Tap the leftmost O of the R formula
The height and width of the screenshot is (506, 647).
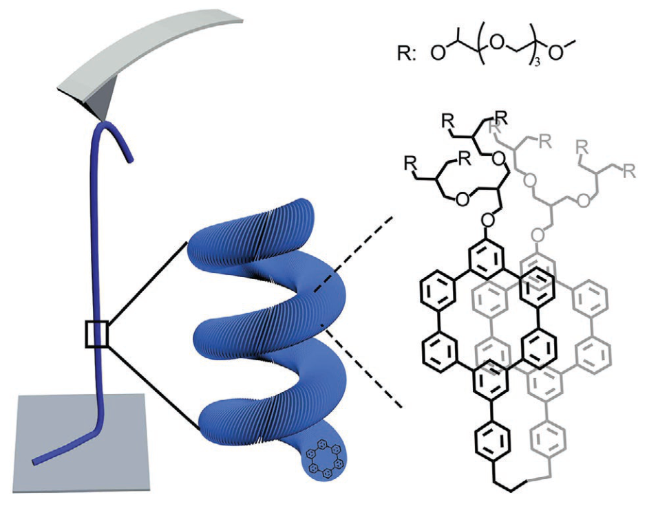pos(438,54)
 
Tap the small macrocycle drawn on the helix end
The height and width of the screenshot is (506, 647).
pos(326,461)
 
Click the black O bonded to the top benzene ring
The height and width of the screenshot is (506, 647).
pos(488,220)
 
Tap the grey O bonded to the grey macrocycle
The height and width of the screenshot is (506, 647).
pos(538,235)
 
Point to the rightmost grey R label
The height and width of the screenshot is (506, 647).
pos(628,171)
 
